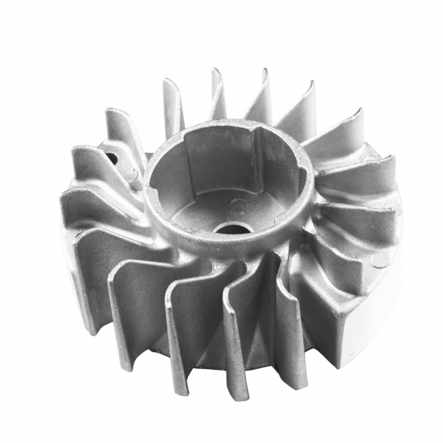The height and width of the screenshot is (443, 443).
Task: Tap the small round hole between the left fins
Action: click(x=112, y=158)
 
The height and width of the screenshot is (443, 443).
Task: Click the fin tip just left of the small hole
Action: click(x=79, y=152)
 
